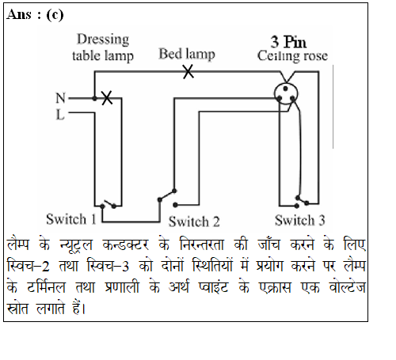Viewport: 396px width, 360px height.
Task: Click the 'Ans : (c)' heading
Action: (x=35, y=15)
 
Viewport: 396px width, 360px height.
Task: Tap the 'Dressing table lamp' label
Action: (x=103, y=47)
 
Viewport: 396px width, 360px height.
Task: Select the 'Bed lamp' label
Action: (x=187, y=54)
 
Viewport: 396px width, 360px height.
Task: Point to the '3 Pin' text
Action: (x=288, y=42)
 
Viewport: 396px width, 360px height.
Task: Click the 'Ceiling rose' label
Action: (x=292, y=56)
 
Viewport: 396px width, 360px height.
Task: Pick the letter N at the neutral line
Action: (x=60, y=98)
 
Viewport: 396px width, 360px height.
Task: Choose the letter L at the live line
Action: (x=60, y=115)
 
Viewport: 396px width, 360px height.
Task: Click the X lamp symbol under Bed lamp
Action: (x=188, y=72)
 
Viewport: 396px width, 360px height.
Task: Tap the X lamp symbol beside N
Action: (x=107, y=98)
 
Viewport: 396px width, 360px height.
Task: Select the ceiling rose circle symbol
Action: (x=286, y=94)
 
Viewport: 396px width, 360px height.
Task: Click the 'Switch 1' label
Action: (x=71, y=219)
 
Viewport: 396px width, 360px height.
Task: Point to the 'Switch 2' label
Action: (x=194, y=222)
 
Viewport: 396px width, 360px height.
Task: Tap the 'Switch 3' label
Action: (x=299, y=220)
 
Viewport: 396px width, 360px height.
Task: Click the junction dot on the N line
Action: (x=94, y=98)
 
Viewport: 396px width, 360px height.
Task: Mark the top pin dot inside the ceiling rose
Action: (x=285, y=89)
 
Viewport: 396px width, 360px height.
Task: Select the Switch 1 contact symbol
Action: (x=108, y=204)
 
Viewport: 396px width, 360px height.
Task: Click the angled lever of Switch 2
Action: (x=167, y=195)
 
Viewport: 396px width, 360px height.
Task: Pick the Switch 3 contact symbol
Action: (x=302, y=202)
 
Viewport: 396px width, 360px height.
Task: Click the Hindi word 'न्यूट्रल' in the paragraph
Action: (x=76, y=244)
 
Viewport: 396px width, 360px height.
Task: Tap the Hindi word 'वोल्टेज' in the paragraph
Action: (x=347, y=286)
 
